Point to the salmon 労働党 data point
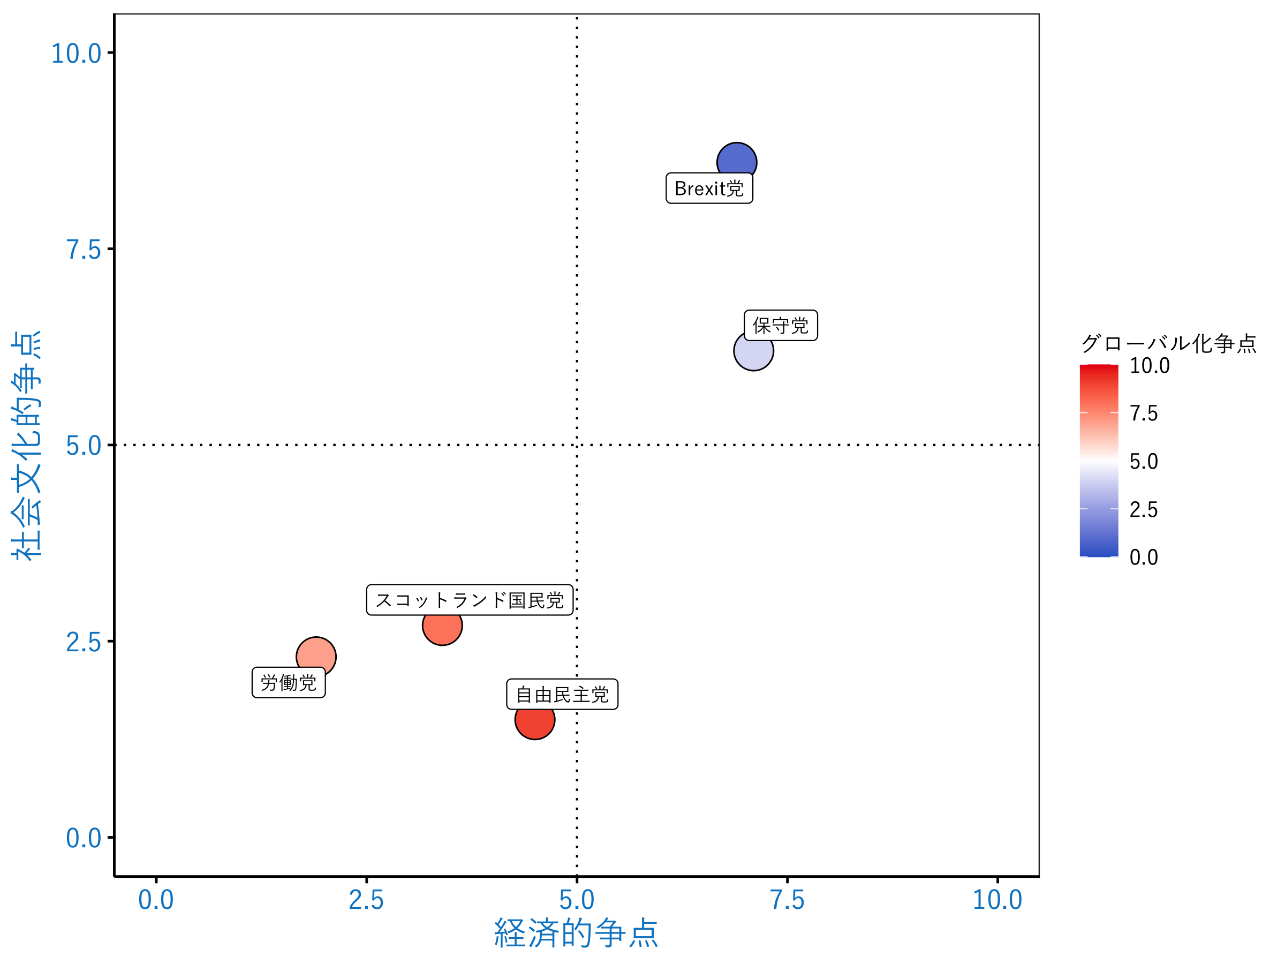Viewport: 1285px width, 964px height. [x=315, y=655]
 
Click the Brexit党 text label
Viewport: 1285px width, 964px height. [x=709, y=189]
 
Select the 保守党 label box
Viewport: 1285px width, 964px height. [x=780, y=326]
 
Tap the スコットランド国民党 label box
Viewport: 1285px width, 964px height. [x=470, y=600]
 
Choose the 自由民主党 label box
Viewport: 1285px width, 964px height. [x=562, y=695]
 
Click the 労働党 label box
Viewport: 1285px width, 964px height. [x=288, y=682]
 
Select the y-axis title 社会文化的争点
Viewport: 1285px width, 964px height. [x=26, y=445]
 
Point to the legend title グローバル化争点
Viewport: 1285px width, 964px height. [x=1168, y=343]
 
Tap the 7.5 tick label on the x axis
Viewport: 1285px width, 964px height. [x=787, y=900]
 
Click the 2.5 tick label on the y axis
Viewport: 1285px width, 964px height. [x=83, y=642]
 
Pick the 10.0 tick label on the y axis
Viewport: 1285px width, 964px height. [x=76, y=54]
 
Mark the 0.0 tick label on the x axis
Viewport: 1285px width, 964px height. [x=156, y=900]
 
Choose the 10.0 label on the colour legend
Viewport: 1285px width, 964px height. [x=1149, y=365]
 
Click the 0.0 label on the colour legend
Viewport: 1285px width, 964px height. [x=1143, y=558]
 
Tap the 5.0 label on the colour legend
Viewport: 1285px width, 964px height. [x=1143, y=461]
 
